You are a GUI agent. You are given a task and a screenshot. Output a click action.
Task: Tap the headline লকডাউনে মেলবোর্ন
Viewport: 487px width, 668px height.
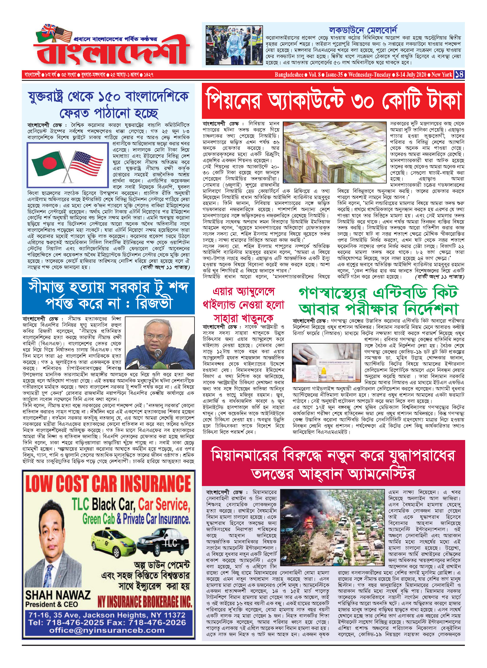pyautogui.click(x=363, y=30)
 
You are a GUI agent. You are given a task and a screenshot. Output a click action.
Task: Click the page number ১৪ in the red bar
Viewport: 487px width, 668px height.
pyautogui.click(x=459, y=74)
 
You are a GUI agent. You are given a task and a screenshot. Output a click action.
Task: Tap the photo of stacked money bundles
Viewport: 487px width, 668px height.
pyautogui.click(x=334, y=152)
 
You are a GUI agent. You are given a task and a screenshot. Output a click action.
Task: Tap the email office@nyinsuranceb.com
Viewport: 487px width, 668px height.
pyautogui.click(x=107, y=630)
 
